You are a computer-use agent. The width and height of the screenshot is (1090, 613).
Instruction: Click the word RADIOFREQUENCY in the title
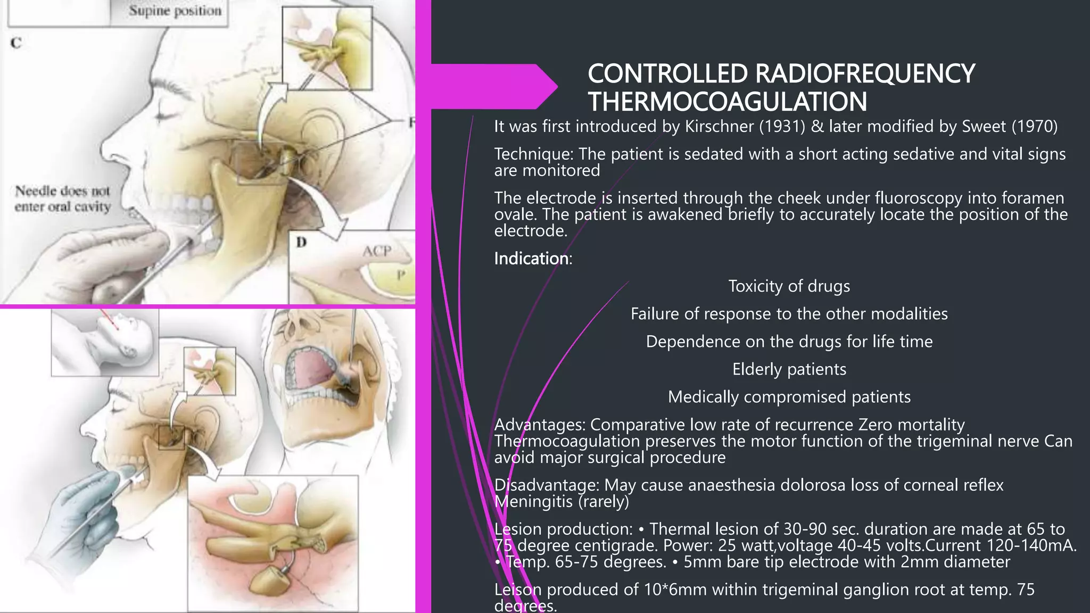point(865,73)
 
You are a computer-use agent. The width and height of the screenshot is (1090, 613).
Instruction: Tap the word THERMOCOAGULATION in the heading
point(727,102)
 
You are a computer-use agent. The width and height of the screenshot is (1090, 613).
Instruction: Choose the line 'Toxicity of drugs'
point(789,286)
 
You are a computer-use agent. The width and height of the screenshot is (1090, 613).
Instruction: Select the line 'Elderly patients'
point(789,369)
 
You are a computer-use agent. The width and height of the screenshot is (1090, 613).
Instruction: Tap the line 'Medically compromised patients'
point(789,397)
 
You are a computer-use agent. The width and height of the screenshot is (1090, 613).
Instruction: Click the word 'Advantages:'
point(540,425)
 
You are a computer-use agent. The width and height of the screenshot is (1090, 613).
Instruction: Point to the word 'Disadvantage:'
point(547,485)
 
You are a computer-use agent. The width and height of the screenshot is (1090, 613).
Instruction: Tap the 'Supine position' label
point(175,11)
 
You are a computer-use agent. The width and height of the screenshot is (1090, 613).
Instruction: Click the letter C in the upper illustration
point(16,43)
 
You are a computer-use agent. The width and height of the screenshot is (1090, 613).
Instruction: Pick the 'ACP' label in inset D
point(377,251)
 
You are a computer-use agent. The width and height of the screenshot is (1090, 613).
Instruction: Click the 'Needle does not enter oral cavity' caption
point(63,198)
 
